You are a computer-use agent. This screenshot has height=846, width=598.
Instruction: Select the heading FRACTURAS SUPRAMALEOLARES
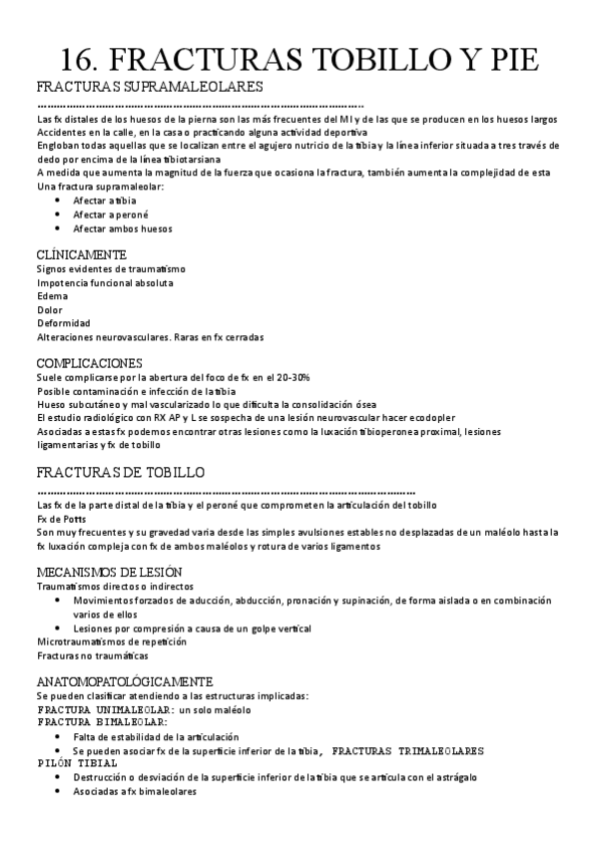[150, 87]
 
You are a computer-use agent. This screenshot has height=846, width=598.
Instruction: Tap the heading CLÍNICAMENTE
[82, 254]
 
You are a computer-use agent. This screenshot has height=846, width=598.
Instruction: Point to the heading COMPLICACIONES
[89, 362]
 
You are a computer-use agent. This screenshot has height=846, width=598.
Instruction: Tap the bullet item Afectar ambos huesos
[123, 228]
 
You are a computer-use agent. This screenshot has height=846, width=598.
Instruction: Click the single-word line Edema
[52, 296]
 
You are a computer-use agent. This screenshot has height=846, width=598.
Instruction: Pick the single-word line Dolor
[50, 310]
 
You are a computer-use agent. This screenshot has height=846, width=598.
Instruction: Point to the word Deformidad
[63, 323]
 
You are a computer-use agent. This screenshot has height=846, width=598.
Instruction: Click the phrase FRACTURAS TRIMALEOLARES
[408, 749]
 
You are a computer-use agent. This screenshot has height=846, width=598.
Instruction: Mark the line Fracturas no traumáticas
[92, 656]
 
